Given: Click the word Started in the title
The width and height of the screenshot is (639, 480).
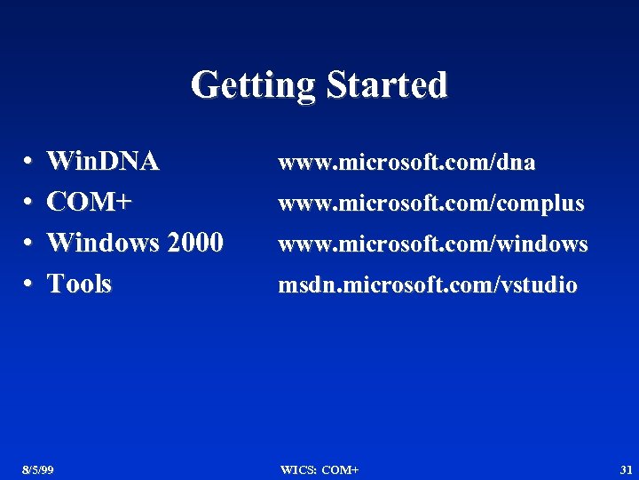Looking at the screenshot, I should point(387,85).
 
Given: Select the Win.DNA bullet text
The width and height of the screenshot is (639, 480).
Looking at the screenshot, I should point(103,162).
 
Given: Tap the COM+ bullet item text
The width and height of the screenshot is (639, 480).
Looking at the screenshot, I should point(89,202).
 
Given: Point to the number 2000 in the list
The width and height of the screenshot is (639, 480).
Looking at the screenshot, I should point(195,242).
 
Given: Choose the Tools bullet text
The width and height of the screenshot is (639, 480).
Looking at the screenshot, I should point(79,284).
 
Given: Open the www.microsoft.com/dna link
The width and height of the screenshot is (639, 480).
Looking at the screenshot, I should point(406,163).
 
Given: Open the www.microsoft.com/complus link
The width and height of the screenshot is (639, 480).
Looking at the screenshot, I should point(431,204).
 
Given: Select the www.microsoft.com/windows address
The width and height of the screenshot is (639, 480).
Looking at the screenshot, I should point(433,244).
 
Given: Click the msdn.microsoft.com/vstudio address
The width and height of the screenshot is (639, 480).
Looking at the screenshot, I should point(428,285).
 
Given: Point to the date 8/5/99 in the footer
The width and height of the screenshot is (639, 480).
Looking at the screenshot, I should point(38,469).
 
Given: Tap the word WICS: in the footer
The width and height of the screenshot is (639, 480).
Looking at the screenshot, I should point(297,469).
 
